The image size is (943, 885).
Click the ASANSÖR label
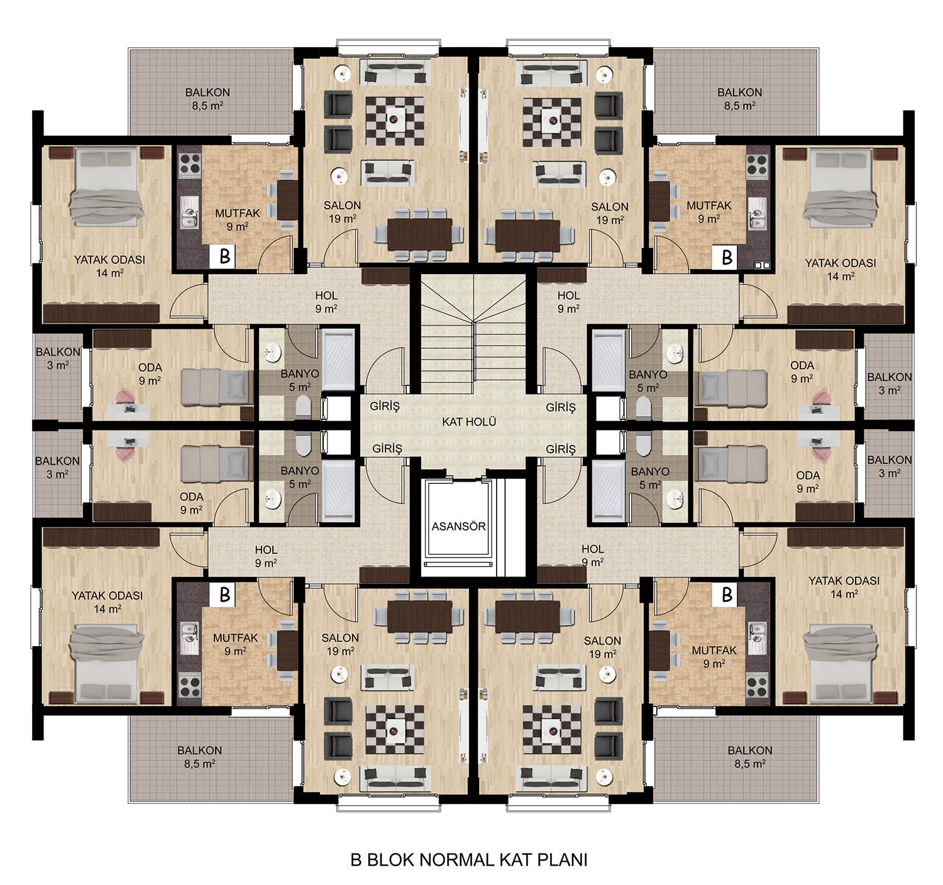[x=458, y=527]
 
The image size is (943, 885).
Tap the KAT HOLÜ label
[x=468, y=422]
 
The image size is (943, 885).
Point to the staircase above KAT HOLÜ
[x=473, y=334]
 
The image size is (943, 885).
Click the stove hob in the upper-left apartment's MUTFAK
[x=189, y=165]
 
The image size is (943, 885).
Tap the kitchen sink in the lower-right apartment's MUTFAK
[x=757, y=638]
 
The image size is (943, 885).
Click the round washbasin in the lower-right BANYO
[x=675, y=498]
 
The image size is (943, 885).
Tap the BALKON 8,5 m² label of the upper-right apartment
[x=740, y=99]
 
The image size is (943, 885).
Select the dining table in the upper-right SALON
[x=527, y=235]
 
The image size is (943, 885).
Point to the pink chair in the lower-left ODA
[x=126, y=451]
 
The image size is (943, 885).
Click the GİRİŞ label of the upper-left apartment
[x=385, y=406]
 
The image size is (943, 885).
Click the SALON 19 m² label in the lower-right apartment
[x=602, y=647]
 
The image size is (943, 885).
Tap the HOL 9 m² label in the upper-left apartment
[x=326, y=302]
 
